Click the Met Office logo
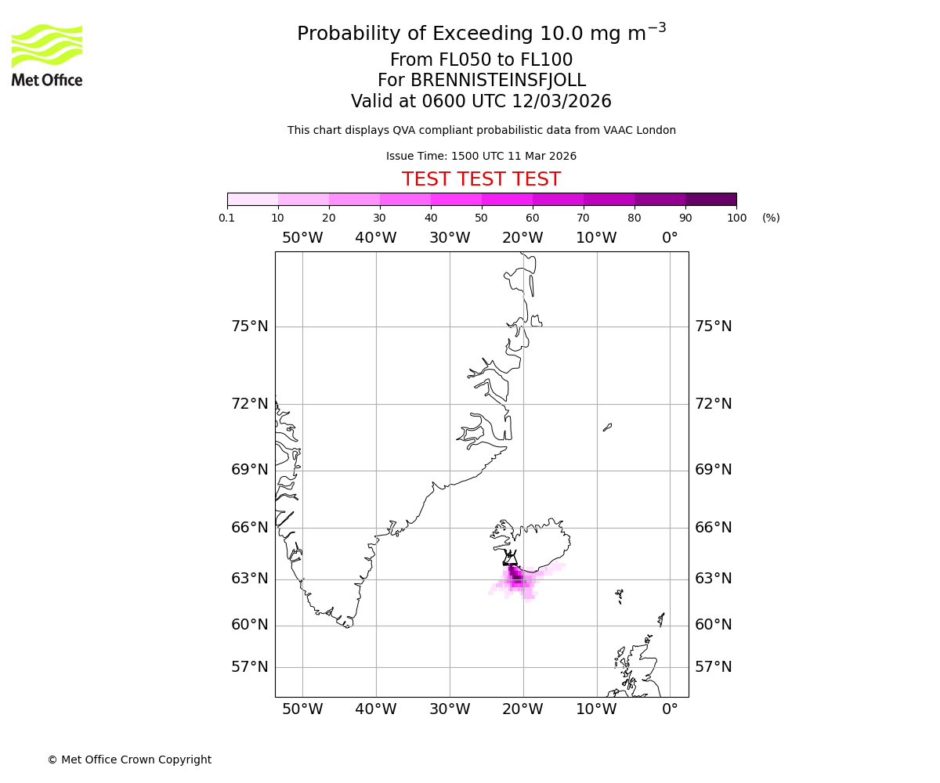click(47, 55)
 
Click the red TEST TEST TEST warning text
click(481, 180)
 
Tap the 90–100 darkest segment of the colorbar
click(710, 199)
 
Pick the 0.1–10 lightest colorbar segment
click(253, 199)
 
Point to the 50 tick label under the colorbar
click(481, 218)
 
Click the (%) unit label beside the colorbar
click(771, 218)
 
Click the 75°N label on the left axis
click(250, 327)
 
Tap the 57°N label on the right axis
click(714, 667)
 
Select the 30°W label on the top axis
click(450, 238)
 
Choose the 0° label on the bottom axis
click(670, 709)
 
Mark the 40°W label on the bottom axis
click(376, 709)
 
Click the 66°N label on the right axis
click(714, 528)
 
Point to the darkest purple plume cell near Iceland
click(516, 578)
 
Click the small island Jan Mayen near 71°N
click(607, 427)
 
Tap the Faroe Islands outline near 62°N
click(620, 595)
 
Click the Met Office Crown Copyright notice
click(129, 760)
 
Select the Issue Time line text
click(481, 157)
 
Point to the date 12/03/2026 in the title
click(562, 102)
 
